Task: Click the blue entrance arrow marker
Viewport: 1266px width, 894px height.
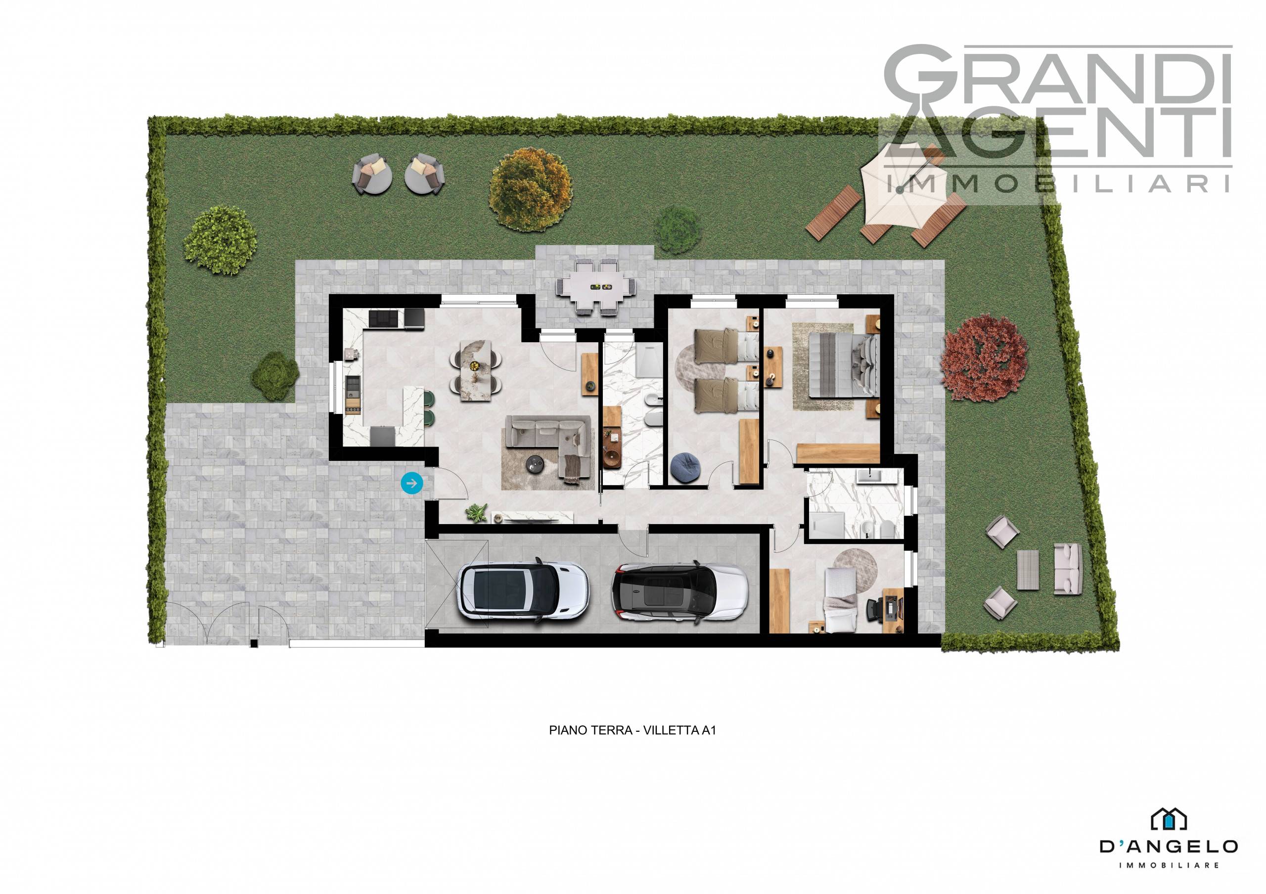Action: click(411, 484)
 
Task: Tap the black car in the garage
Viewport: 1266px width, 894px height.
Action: click(679, 592)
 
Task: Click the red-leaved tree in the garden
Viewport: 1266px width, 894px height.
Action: click(984, 358)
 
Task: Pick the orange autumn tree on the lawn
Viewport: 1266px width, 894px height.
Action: click(531, 188)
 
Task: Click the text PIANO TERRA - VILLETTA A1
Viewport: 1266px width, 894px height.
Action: click(633, 730)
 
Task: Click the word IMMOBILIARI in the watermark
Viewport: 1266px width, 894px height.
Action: click(1058, 184)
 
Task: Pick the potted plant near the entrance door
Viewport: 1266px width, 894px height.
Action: click(476, 513)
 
